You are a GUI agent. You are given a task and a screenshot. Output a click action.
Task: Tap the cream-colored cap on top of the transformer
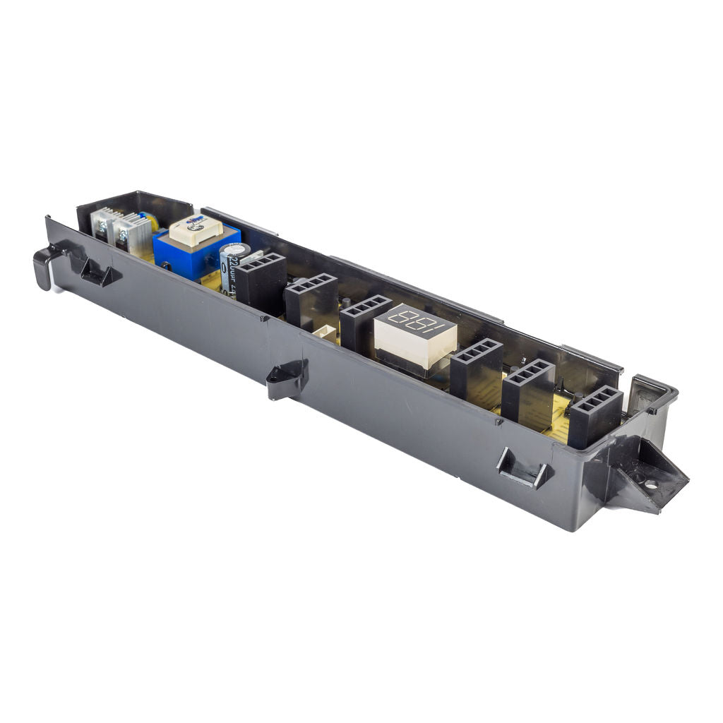coord(196,229)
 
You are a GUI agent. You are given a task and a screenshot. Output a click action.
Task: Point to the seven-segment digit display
coord(415,335)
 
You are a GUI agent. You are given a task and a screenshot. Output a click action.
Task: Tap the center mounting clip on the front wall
coord(287,378)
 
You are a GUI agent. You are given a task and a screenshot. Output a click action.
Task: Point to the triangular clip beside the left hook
coord(98,273)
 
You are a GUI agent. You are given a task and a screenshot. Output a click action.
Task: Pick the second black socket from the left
coord(311,300)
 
